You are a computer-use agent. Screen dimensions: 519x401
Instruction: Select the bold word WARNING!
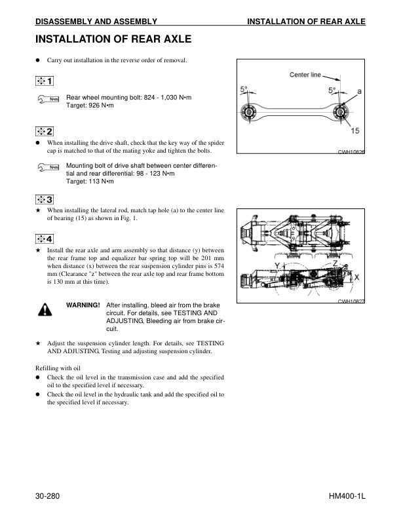click(x=83, y=305)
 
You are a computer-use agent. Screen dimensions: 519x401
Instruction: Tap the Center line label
click(x=305, y=75)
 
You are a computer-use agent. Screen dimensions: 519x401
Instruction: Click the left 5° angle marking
click(x=244, y=88)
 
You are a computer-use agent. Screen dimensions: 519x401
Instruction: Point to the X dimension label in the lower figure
click(x=356, y=277)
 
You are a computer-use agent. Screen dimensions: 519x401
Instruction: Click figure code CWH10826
click(x=351, y=152)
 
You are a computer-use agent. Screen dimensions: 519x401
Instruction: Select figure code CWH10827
click(x=351, y=301)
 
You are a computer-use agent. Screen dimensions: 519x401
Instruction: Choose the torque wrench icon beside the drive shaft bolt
click(x=47, y=169)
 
